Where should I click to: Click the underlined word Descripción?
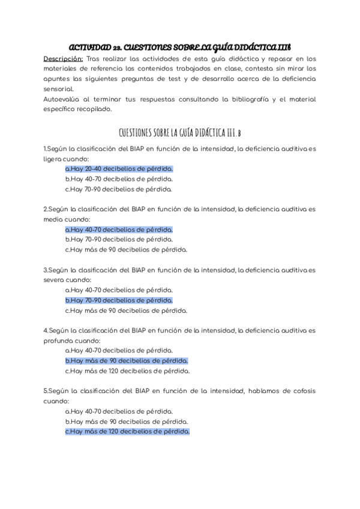(x=62, y=59)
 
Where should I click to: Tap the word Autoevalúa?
(x=63, y=100)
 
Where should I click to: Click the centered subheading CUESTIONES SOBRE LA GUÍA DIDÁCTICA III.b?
(x=179, y=131)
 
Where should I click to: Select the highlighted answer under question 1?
(x=119, y=169)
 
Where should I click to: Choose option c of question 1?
(x=119, y=189)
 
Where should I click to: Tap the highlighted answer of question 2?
(x=119, y=229)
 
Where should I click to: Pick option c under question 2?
(x=126, y=250)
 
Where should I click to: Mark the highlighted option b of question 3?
(x=119, y=300)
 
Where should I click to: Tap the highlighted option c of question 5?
(x=127, y=432)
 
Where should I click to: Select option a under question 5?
(x=119, y=411)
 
